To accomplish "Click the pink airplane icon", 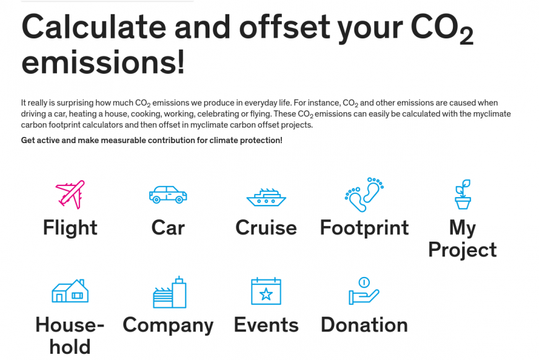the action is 71,195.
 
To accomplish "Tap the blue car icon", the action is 168,195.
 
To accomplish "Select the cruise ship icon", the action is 266,198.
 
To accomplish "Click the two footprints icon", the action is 364,195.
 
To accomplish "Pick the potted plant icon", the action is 463,195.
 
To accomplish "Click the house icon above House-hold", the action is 70,291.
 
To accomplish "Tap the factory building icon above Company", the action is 170,292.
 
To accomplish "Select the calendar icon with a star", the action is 266,291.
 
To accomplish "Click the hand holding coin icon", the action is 364,291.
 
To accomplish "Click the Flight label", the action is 70,227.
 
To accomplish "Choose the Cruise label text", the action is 266,227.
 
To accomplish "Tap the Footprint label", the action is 364,227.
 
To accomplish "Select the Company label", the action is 168,325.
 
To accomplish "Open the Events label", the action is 266,325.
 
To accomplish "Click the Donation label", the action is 364,325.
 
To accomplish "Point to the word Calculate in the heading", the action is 94,27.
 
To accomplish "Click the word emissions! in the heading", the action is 103,62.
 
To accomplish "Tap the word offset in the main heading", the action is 284,27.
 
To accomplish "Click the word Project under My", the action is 463,250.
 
